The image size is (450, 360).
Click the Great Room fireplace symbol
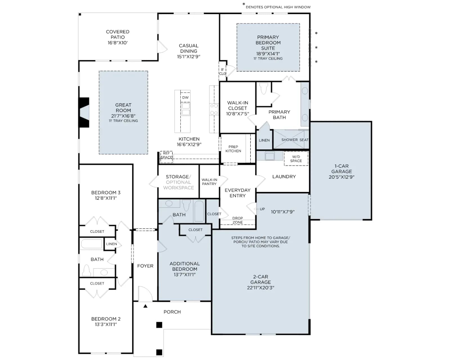[x=84, y=112]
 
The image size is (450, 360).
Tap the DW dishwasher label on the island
[x=185, y=98]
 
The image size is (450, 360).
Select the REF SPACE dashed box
[x=166, y=157]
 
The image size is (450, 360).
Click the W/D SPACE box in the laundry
[x=296, y=159]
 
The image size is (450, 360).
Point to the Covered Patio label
[x=118, y=37]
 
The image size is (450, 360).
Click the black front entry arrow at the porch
[x=145, y=306]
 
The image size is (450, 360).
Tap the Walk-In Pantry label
[x=209, y=182]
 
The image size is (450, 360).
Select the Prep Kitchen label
[x=233, y=149]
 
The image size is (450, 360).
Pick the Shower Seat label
[x=295, y=140]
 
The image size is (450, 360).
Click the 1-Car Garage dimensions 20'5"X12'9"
[x=341, y=177]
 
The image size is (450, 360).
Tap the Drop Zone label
[x=238, y=220]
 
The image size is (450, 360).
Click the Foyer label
[x=145, y=266]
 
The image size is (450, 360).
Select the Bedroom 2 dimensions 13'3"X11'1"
[x=106, y=325]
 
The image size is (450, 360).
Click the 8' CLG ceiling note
[x=222, y=71]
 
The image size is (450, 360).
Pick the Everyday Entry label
[x=238, y=193]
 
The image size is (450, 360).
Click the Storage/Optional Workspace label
[x=179, y=182]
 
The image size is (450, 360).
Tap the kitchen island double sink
[x=186, y=109]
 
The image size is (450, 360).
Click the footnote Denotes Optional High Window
[x=278, y=7]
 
